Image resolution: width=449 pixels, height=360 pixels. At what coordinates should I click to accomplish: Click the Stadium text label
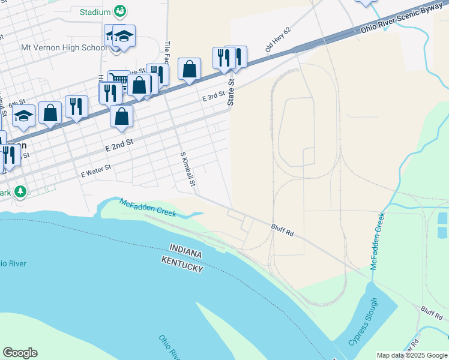point(95,12)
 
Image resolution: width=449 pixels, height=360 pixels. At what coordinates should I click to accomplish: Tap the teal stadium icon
point(120,11)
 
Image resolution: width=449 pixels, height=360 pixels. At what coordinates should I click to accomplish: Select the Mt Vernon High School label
point(64,47)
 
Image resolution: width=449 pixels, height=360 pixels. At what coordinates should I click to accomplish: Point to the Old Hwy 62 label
point(278,39)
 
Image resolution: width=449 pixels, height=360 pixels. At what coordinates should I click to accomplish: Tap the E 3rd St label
point(213,95)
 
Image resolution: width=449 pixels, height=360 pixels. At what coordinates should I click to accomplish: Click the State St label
point(231,94)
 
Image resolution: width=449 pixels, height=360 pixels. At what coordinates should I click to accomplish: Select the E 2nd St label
point(118,144)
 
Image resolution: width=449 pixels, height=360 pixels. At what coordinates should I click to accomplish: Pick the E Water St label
point(96,172)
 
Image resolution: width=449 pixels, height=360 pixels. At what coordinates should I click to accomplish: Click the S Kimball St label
point(188,173)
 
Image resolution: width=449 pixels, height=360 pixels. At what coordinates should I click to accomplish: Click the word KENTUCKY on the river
point(182,263)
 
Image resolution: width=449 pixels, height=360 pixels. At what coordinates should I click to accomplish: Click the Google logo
point(20,353)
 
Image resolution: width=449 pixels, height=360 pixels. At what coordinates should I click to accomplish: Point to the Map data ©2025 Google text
point(412,355)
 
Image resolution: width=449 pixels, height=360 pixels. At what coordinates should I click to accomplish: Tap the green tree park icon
point(21,191)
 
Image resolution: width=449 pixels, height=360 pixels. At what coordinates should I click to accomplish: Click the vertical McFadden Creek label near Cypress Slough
point(377,241)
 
